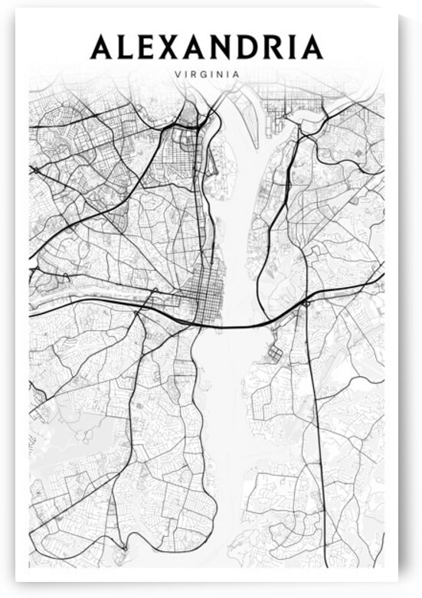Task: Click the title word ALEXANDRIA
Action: coord(207,47)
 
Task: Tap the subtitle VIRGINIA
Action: coord(207,74)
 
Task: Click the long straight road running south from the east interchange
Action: coord(312,421)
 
